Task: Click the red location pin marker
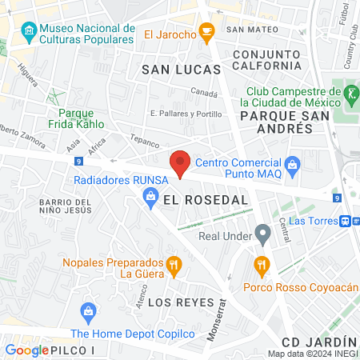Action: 181,163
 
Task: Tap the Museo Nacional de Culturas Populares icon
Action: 30,33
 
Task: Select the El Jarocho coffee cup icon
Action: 207,34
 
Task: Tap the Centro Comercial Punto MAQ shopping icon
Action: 293,166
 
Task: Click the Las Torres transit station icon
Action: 345,221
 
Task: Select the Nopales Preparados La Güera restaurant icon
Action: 172,266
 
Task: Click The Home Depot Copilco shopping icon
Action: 87,311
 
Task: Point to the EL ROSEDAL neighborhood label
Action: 205,201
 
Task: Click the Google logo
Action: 26,350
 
